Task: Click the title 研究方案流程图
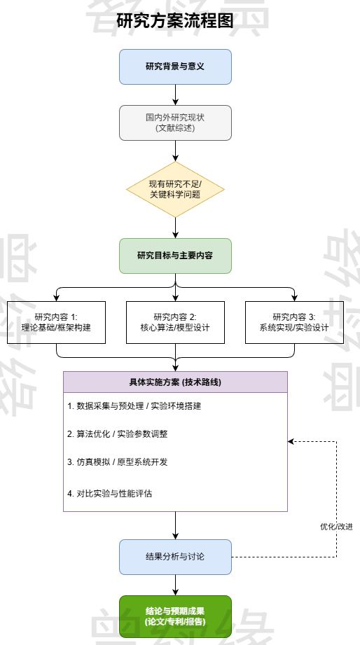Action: tap(175, 20)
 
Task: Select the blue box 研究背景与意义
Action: tap(175, 67)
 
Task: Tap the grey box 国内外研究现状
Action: tap(175, 123)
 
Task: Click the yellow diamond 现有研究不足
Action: tap(175, 189)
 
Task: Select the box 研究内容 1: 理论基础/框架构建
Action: tap(56, 322)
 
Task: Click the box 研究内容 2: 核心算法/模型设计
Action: tap(175, 322)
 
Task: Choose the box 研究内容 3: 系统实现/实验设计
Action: tap(294, 322)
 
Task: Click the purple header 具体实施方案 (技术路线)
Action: tap(175, 382)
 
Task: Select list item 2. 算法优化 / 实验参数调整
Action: tap(118, 434)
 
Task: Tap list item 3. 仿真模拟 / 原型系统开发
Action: tap(118, 462)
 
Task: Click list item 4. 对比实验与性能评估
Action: tap(110, 494)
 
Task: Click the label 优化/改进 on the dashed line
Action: tap(336, 527)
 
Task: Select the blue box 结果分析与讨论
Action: tap(175, 557)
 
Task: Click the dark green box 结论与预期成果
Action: tap(175, 616)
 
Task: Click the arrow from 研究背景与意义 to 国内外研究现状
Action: tap(175, 95)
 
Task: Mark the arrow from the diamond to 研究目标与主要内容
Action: tap(175, 228)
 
